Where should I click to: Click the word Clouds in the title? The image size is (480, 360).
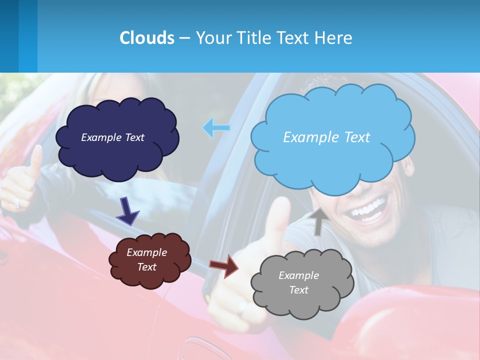coord(146,38)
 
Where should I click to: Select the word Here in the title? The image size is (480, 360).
coord(334,38)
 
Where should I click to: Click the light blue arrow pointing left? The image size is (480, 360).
coord(216,128)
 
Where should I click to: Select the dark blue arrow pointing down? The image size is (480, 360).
coord(128,211)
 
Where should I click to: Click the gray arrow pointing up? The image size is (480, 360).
coord(318,220)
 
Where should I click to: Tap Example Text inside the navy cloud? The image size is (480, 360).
coord(112,137)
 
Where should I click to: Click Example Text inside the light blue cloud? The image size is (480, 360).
coord(326,137)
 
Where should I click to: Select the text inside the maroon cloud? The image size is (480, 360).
coord(147,259)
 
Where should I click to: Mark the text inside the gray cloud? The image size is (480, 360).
coord(298,282)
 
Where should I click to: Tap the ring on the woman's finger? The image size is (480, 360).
coord(17,202)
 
